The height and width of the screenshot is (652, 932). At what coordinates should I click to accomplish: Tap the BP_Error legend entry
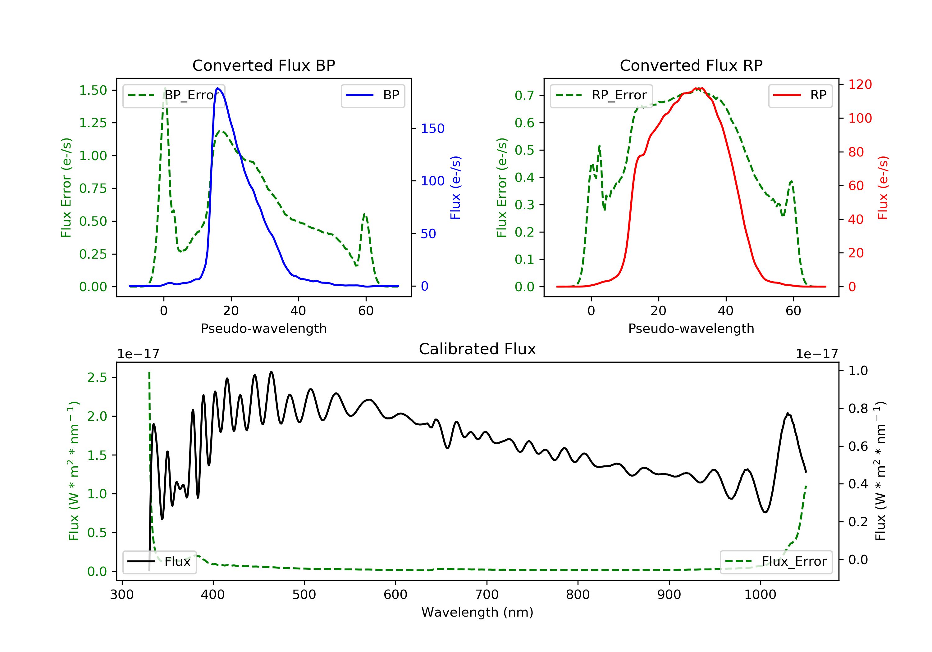(x=174, y=95)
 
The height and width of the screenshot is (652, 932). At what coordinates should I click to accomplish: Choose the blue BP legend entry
(x=372, y=95)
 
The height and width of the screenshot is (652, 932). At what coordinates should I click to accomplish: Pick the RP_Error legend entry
(x=601, y=95)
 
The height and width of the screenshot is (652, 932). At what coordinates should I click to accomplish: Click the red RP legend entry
(x=800, y=95)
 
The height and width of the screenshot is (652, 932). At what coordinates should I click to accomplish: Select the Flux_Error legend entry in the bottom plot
(x=776, y=562)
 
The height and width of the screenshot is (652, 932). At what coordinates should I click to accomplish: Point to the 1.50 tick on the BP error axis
(x=93, y=90)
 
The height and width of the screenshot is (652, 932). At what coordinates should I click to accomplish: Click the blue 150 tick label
(x=432, y=129)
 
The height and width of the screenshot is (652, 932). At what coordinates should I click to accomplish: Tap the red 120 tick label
(x=860, y=84)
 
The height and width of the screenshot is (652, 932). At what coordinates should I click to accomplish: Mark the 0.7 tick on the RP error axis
(x=524, y=96)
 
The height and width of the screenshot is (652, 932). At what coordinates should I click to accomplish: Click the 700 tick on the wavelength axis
(x=487, y=595)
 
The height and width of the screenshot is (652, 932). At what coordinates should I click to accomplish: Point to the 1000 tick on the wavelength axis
(x=760, y=595)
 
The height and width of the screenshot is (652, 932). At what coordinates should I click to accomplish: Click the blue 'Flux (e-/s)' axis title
(x=455, y=188)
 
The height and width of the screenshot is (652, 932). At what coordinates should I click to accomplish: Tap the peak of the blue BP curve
(x=218, y=88)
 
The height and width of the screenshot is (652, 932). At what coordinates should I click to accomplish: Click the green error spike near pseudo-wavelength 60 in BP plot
(x=364, y=214)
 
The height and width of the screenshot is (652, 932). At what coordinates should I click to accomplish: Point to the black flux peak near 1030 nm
(x=788, y=414)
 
